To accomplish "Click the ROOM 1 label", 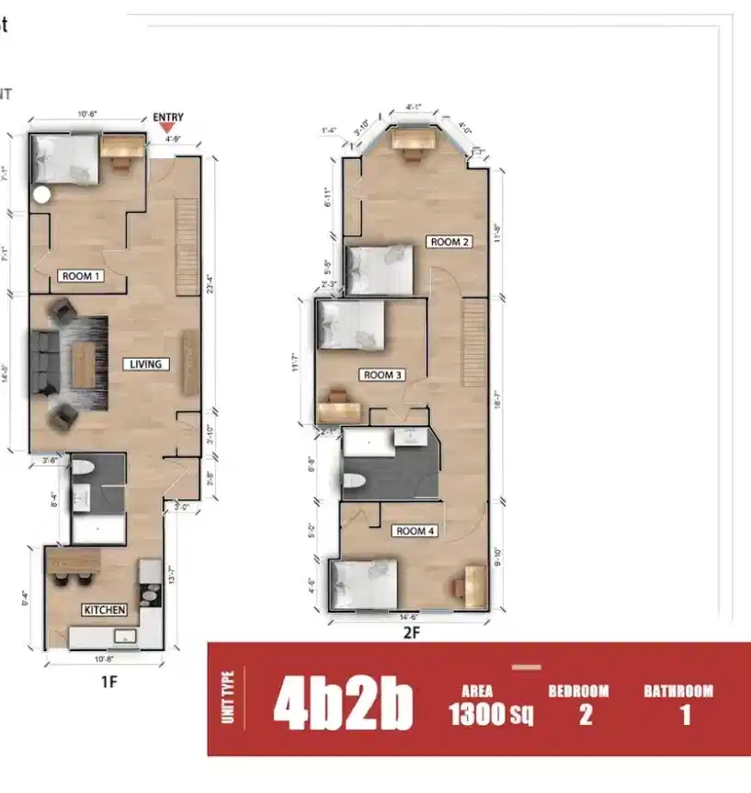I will coord(81,276).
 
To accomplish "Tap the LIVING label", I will coord(145,364).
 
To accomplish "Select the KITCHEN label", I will coord(104,610).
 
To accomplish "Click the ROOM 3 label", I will coord(383,375).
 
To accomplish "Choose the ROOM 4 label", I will coord(415,531).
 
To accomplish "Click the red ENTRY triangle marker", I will coord(167,128).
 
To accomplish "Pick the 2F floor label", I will coord(412,633).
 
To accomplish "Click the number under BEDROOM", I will coord(586,715).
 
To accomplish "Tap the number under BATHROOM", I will coord(685,715).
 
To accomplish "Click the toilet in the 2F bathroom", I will coord(354,479).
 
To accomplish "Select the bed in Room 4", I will coord(364,583).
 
